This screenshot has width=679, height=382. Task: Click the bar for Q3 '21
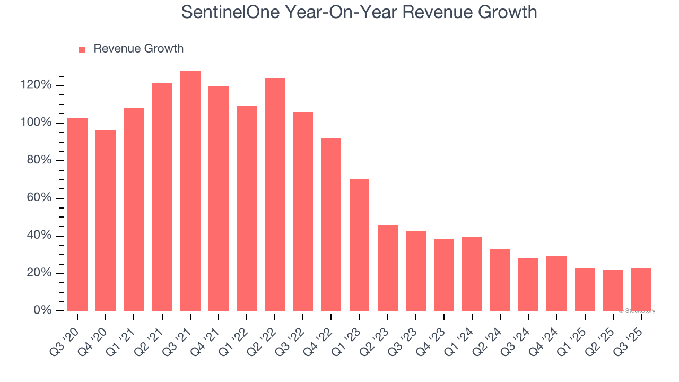click(190, 191)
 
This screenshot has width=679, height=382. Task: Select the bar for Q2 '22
click(275, 195)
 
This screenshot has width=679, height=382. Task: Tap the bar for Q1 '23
click(359, 245)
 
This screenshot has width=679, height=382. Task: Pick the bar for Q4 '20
click(106, 221)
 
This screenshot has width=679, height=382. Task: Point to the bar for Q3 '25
click(641, 290)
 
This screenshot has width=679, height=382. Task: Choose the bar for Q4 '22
click(331, 224)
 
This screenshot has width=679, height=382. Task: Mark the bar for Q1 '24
click(472, 274)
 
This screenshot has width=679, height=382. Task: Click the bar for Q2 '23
click(387, 268)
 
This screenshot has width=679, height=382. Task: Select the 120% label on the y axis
click(36, 85)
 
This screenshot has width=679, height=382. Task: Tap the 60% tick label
click(39, 198)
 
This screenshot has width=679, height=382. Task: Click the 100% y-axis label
click(36, 123)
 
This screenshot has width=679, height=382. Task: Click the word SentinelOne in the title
click(233, 12)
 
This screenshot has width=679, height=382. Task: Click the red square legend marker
click(82, 50)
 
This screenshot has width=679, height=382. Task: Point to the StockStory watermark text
click(638, 311)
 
